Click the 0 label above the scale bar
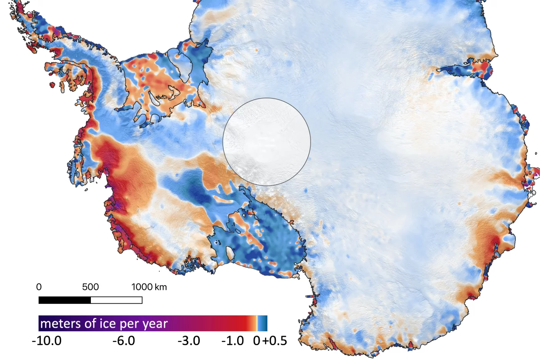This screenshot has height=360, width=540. point(39,287)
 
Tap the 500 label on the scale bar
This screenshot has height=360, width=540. point(90,287)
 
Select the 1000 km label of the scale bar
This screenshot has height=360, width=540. point(148,287)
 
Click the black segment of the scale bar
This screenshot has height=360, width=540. point(64,300)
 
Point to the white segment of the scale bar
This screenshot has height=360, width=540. point(117,300)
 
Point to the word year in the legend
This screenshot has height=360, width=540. point(156,324)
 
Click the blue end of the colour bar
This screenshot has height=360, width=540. point(263,324)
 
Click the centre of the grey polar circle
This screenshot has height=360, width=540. point(267,142)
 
